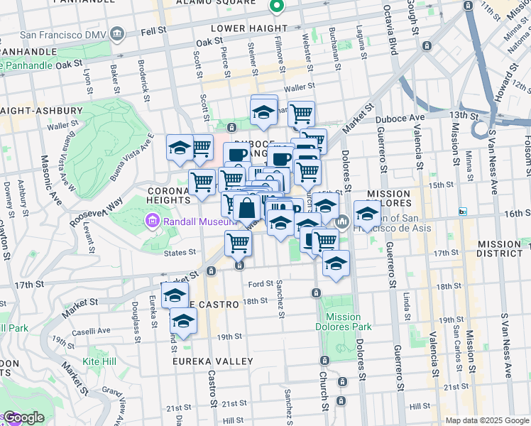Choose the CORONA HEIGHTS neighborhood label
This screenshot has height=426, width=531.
tap(168, 195)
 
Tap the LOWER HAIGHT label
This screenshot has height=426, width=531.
tap(243, 28)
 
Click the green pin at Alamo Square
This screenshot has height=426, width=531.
tap(277, 7)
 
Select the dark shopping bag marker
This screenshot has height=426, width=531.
tap(247, 209)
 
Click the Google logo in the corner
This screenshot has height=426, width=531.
tap(23, 418)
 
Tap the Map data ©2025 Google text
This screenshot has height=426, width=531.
tap(487, 420)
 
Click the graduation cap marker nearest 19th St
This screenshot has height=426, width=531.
tap(183, 322)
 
